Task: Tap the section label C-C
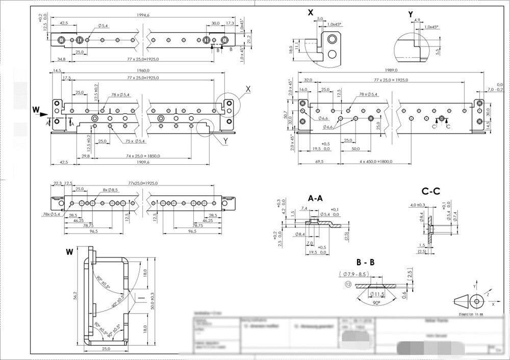coord(431,191)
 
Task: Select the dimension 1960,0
coord(143,70)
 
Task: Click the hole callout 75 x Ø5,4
coord(134,141)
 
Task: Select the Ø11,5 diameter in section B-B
coord(377,295)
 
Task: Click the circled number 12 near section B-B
coord(348,284)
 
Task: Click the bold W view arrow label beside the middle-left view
coord(36,109)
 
